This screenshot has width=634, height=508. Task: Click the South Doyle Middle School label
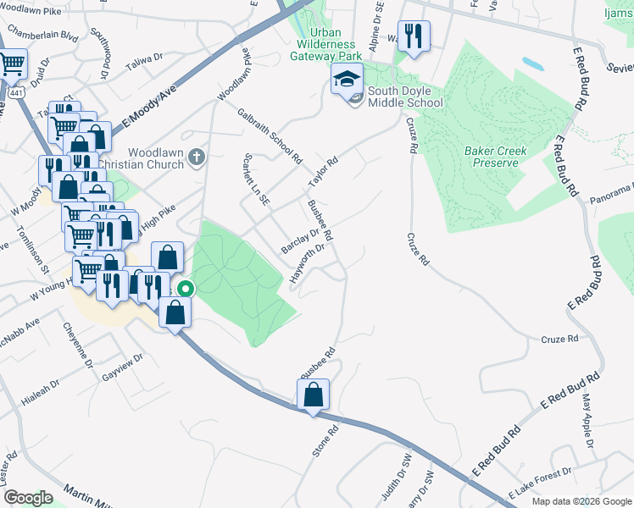[x=405, y=96]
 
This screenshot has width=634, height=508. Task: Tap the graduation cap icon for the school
[x=347, y=80]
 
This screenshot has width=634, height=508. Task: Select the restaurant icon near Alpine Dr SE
[x=414, y=36]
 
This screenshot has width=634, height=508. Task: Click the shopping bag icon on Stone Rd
[x=313, y=394]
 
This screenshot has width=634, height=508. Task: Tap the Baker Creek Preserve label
[x=496, y=157]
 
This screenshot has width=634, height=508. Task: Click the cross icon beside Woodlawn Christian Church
[x=197, y=157]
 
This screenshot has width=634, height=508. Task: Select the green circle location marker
[x=186, y=289]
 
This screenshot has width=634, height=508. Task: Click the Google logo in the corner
[x=29, y=497]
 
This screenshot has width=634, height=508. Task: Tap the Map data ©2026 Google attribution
[x=581, y=501]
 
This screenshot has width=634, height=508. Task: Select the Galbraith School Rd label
[x=270, y=135]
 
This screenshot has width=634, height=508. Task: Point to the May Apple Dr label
[x=586, y=428]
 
